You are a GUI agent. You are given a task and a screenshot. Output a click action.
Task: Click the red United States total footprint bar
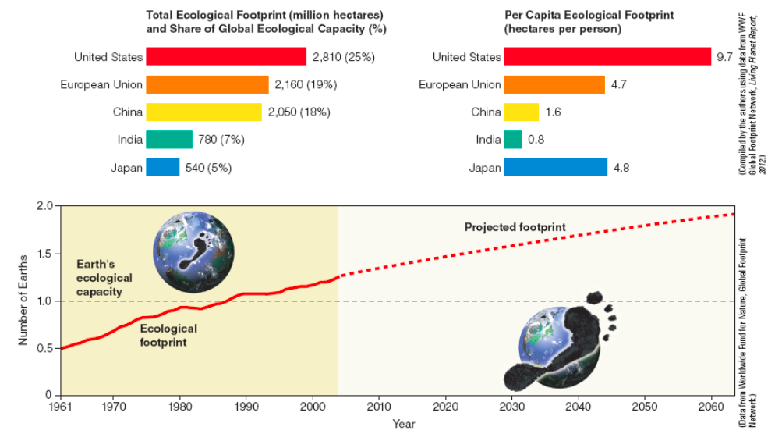click(226, 56)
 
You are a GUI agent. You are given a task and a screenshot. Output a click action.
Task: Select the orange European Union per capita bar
click(554, 84)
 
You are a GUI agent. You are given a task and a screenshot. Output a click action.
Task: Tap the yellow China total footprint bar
click(203, 112)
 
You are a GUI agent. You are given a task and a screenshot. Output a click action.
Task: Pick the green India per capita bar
click(512, 140)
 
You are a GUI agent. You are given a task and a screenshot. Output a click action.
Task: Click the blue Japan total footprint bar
click(162, 167)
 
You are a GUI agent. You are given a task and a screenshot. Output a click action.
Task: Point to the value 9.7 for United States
click(724, 56)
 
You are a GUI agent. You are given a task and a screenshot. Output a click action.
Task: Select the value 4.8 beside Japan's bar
click(619, 167)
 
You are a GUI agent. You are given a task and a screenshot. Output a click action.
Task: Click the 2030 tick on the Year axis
click(512, 407)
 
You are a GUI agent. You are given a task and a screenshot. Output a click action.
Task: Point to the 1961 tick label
click(60, 407)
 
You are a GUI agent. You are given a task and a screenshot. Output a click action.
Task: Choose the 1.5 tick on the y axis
click(44, 254)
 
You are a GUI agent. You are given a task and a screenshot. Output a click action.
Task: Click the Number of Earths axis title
click(23, 301)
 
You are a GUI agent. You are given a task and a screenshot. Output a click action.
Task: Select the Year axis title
click(404, 424)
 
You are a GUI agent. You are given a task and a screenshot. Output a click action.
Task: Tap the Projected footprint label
click(515, 227)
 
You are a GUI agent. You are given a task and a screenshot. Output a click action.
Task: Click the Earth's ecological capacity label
click(104, 278)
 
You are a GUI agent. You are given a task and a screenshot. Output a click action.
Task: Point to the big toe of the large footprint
click(595, 297)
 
